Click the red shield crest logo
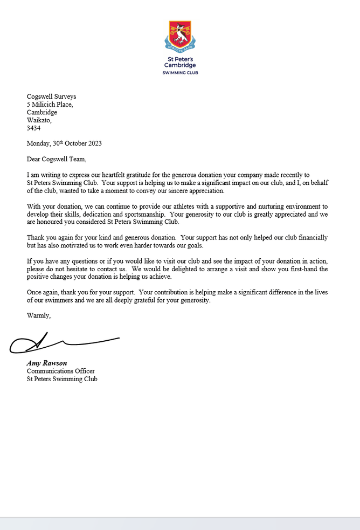tap(180, 33)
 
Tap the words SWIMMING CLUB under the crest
tap(180, 72)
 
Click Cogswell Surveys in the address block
tap(52, 97)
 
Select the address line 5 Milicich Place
tap(50, 105)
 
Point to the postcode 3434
tap(33, 128)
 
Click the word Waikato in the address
tap(39, 120)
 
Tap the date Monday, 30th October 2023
tap(64, 143)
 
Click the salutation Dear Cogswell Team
tap(56, 159)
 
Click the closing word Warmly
tap(39, 316)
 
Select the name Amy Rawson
tap(47, 363)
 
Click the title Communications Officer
tap(60, 371)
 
